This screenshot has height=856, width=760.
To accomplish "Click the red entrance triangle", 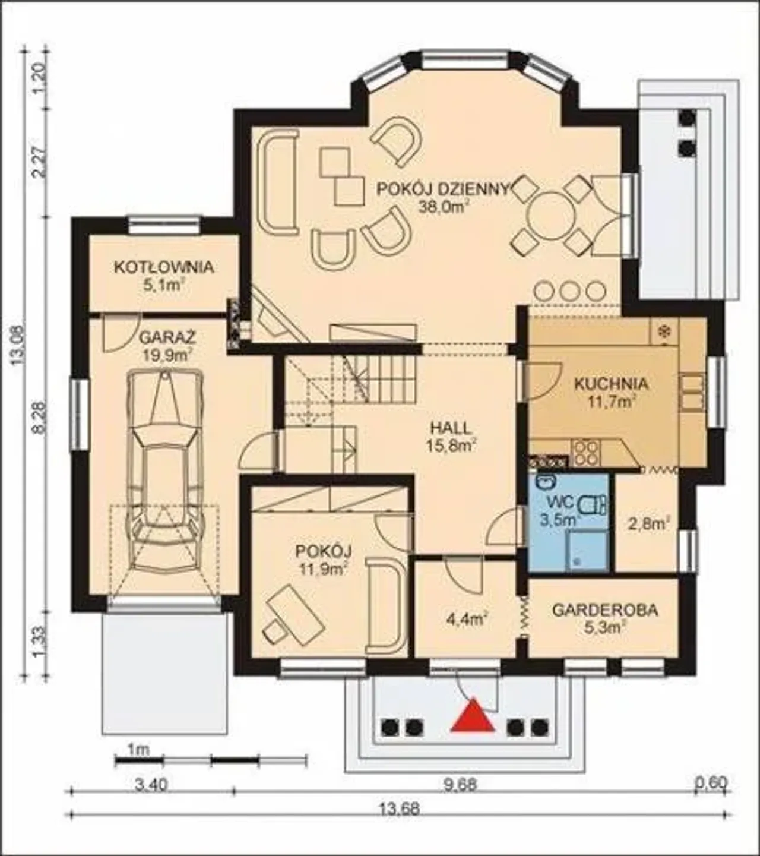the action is (473, 716).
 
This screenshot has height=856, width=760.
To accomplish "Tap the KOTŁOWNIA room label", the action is (164, 267).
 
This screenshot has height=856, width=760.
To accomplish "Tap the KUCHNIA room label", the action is (611, 384).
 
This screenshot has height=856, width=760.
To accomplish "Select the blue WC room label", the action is (560, 502).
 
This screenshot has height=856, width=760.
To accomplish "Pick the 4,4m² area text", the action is (467, 620).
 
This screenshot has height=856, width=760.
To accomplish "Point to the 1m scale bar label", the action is (138, 750).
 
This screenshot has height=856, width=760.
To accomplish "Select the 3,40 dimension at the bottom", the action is (151, 773).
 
